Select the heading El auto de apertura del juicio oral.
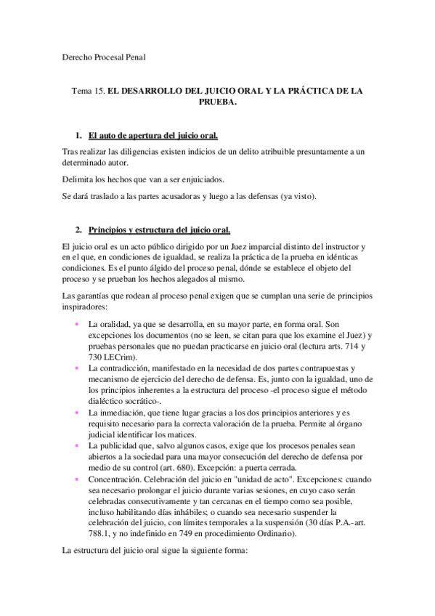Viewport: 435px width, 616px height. [x=152, y=136]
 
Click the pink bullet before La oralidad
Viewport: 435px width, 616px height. [x=77, y=323]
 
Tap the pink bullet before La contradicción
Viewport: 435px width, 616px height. [x=77, y=368]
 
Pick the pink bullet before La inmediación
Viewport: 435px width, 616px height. [x=77, y=412]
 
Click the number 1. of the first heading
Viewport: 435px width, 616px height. [x=78, y=136]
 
